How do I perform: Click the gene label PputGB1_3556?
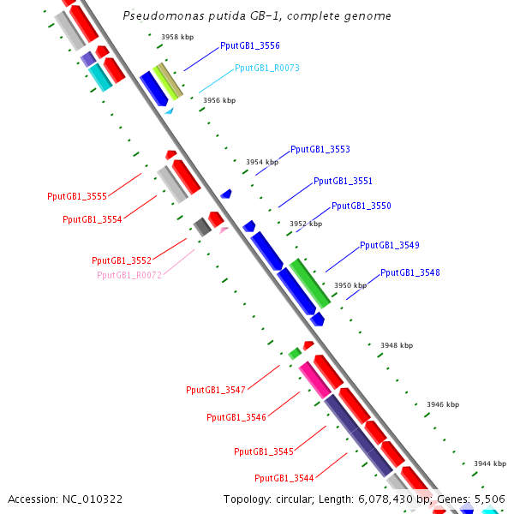tap(249, 45)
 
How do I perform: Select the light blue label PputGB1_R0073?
tap(266, 68)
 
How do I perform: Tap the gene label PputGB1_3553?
tap(320, 149)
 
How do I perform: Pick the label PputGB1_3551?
tap(343, 181)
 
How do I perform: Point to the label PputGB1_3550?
tap(361, 206)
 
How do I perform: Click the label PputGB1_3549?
tap(389, 245)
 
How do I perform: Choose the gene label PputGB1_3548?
tap(409, 272)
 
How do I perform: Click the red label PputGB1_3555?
tap(77, 197)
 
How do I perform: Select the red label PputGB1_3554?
tap(93, 219)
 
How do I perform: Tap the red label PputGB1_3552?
tap(122, 260)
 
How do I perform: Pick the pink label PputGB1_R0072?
tap(129, 275)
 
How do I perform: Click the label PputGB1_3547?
tap(216, 390)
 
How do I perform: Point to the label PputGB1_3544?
tap(284, 478)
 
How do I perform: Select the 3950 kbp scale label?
tap(350, 285)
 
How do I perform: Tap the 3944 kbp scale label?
tap(489, 463)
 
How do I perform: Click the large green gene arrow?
tap(309, 283)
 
